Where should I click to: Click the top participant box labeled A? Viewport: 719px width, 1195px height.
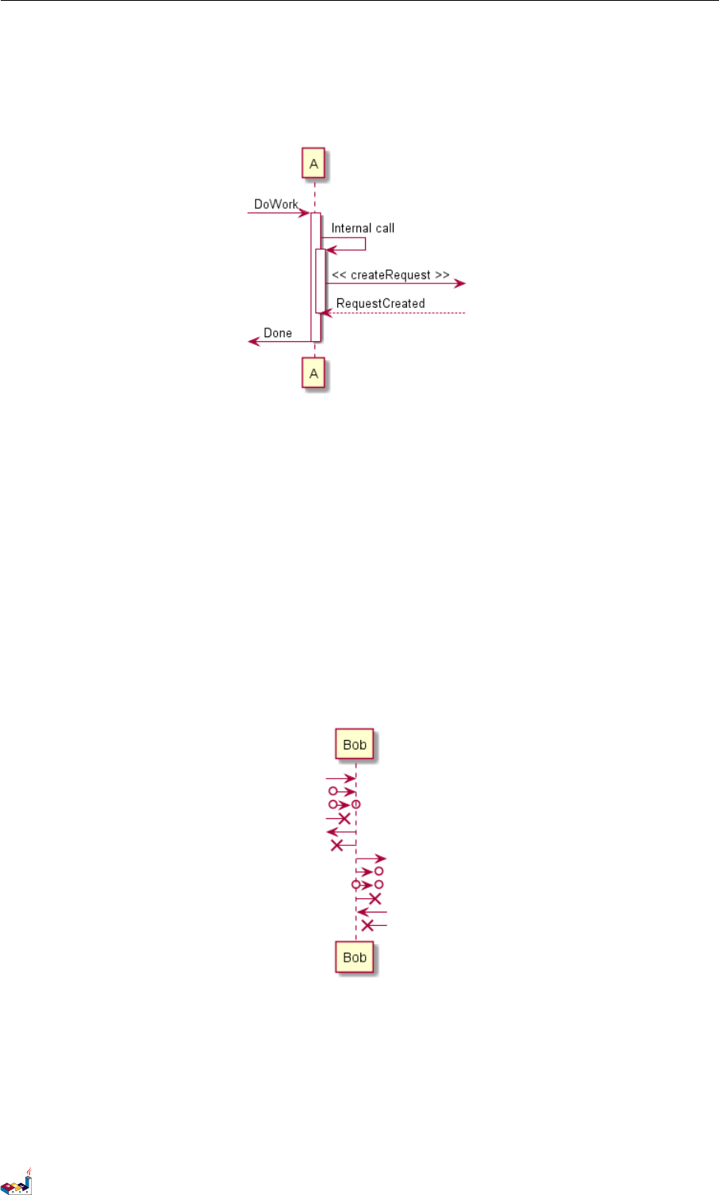[x=314, y=164]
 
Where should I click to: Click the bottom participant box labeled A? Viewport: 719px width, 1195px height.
[x=314, y=374]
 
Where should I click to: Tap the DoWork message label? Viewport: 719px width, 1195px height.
[x=276, y=204]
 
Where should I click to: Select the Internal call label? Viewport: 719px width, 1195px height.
[x=363, y=228]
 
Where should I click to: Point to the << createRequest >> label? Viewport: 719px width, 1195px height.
[x=390, y=275]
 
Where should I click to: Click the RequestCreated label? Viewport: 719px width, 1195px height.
[x=380, y=303]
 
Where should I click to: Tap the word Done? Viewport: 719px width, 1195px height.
[x=278, y=333]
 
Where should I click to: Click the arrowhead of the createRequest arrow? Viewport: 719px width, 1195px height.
[x=459, y=283]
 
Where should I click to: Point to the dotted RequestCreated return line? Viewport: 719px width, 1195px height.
[x=396, y=313]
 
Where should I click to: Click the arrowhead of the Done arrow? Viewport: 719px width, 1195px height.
[x=253, y=341]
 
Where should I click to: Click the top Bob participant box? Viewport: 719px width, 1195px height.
[x=355, y=745]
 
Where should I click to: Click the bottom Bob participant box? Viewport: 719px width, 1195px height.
[x=355, y=958]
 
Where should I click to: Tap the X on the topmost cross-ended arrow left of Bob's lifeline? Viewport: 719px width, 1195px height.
[x=344, y=818]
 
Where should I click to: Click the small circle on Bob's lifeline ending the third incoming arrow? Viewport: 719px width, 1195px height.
[x=356, y=804]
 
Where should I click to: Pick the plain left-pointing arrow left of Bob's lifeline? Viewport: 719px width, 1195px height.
[x=340, y=832]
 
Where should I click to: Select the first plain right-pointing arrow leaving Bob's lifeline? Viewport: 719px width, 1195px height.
[x=371, y=858]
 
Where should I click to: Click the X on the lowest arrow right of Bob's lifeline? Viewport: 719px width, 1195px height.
[x=367, y=925]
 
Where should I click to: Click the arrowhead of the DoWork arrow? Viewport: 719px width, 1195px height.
[x=305, y=213]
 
